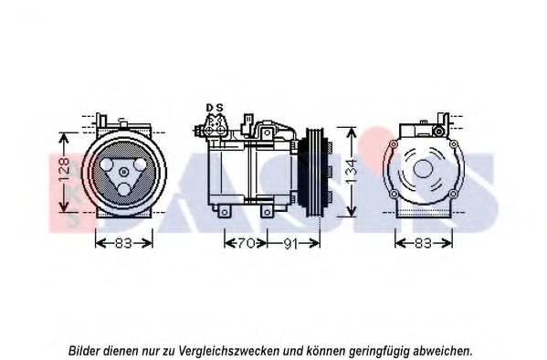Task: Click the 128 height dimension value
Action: pos(65,171)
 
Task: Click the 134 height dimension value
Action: pos(352,172)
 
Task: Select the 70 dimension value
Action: pos(247,243)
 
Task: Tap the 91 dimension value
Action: pos(290,243)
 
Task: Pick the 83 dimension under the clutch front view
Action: pos(122,243)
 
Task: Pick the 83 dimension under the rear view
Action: pos(423,243)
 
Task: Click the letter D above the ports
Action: pos(209,108)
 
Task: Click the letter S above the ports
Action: pos(219,108)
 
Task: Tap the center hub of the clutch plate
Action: pos(124,172)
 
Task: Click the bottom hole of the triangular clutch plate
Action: pos(124,190)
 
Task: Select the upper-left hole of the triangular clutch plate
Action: pos(107,164)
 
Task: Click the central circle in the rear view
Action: pos(423,169)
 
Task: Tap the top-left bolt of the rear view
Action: pos(394,143)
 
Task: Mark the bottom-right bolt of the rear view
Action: pos(452,194)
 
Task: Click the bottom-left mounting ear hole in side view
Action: pos(225,212)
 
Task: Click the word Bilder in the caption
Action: pos(84,350)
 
